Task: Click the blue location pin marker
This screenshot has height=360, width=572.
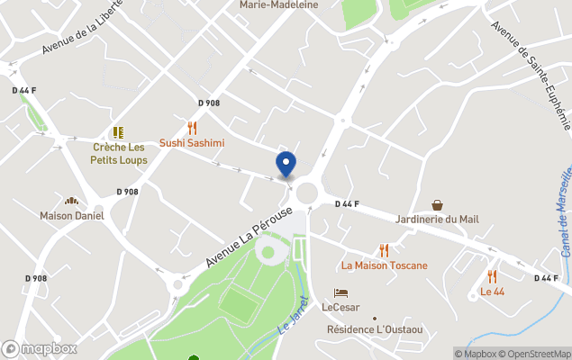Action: tap(286, 165)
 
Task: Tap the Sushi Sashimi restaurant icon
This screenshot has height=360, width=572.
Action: tap(192, 129)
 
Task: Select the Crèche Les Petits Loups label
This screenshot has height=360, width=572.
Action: tap(119, 153)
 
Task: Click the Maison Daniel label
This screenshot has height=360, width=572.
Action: tap(72, 216)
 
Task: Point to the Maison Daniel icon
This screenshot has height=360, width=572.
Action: tap(72, 201)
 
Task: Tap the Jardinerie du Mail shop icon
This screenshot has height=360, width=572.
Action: tap(437, 205)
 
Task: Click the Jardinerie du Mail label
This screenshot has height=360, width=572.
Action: tap(437, 220)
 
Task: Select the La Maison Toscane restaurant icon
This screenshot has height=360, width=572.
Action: tap(385, 250)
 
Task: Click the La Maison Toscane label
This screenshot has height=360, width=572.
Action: tap(385, 265)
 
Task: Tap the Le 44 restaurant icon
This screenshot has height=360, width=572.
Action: tap(492, 276)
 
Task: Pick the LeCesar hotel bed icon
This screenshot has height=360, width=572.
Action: tap(340, 292)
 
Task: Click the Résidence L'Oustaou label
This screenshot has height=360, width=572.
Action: tap(374, 329)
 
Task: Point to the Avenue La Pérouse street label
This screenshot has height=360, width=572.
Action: tap(250, 236)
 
